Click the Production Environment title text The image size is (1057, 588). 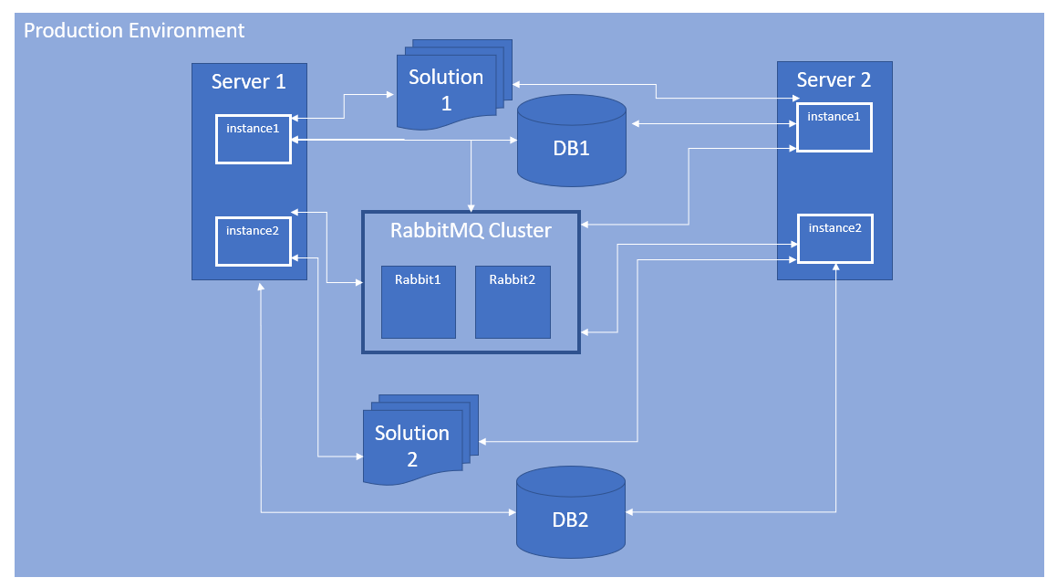click(x=134, y=30)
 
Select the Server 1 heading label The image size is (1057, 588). click(x=249, y=81)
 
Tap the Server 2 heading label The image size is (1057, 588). click(x=834, y=79)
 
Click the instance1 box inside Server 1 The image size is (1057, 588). click(x=254, y=139)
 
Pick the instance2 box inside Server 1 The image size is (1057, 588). click(x=254, y=242)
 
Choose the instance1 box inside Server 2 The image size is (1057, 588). click(x=834, y=128)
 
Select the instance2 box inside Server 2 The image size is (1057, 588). click(x=835, y=239)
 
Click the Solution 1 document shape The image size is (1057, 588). click(x=454, y=84)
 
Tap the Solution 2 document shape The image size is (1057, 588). click(x=420, y=440)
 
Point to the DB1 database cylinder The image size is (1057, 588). click(x=572, y=141)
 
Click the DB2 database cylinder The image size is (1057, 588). click(x=571, y=512)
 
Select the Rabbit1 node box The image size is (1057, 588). click(x=419, y=302)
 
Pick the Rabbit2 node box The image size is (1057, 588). click(x=513, y=302)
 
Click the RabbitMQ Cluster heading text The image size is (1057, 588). click(x=471, y=231)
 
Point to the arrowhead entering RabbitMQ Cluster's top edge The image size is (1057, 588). click(x=472, y=208)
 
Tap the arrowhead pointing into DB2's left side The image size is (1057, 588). click(x=512, y=512)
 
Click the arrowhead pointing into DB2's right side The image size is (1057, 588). click(x=629, y=512)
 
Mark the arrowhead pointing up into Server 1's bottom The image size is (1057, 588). click(x=261, y=286)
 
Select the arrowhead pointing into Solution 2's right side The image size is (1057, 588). click(x=482, y=442)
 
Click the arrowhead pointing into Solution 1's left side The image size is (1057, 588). click(x=390, y=95)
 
